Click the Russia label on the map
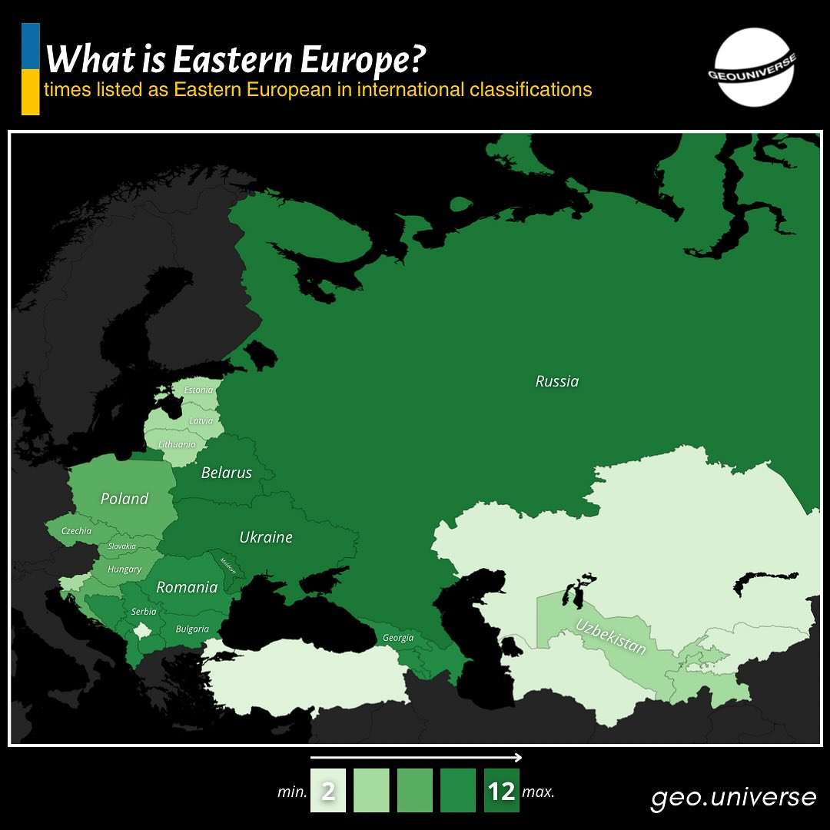coord(557,381)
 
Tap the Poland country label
coord(124,499)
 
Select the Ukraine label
coord(266,537)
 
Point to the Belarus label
coord(226,473)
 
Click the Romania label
coord(187,587)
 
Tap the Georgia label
coord(398,638)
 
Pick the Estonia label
coord(198,390)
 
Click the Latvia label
coord(201,420)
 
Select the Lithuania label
coord(177,444)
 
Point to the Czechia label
coord(76,530)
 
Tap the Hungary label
coord(124,569)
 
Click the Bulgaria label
coord(192,629)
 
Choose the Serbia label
coord(144,612)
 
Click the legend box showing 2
coord(328,791)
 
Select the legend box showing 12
coord(502,791)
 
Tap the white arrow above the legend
coord(416,758)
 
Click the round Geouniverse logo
coord(754,67)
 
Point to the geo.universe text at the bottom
coord(733,797)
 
